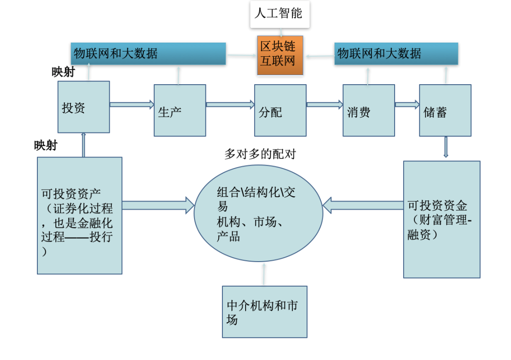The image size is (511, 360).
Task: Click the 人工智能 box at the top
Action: coord(280,14)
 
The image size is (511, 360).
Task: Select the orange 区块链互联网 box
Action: coord(280,55)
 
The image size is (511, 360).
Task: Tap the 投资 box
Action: coord(84,107)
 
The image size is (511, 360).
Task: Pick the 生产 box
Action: coord(180,110)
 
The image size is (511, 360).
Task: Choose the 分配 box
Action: coord(280,110)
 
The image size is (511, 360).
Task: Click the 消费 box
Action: coord(369,110)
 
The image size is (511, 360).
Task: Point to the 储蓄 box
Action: coord(445,110)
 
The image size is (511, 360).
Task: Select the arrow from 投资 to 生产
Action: coord(132,105)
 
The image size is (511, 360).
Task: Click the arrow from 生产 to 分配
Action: coord(230,105)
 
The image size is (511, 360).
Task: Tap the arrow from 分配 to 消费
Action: coord(325,105)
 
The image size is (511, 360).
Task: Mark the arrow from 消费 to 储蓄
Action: coord(407,105)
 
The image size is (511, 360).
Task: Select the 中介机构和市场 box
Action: coord(264,311)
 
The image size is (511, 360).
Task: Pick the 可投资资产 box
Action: coord(79,215)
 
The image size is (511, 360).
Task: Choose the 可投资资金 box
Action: coord(441,219)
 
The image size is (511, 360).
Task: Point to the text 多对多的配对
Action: coord(260,154)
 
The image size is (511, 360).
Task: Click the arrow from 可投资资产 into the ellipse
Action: coord(158,205)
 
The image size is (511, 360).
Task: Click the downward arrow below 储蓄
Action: coord(446,147)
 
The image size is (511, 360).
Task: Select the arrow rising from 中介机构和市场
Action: coord(264,274)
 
